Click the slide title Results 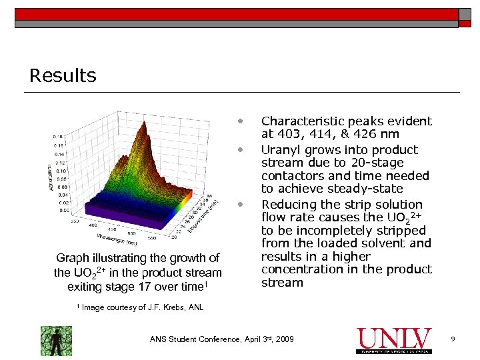click(63, 75)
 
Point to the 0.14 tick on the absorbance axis click(59, 153)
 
